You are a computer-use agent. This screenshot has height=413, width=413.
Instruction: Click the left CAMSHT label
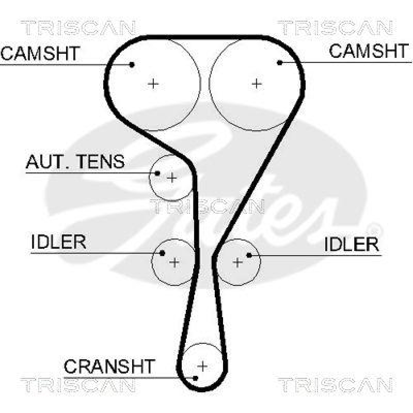click(x=40, y=53)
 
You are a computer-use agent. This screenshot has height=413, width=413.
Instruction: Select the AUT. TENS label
click(x=75, y=162)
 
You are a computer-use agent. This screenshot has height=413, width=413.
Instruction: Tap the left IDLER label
click(x=58, y=242)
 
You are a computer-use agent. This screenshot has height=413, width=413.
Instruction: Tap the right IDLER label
click(x=352, y=244)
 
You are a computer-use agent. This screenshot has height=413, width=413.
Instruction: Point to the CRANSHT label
click(x=109, y=367)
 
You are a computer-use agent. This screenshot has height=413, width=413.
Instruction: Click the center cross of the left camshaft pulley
click(x=153, y=83)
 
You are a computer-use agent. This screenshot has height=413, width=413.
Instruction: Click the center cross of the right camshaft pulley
click(x=257, y=83)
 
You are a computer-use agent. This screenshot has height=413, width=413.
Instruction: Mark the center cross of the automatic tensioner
click(x=172, y=178)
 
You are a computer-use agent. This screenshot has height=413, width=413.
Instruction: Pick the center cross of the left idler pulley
click(x=174, y=262)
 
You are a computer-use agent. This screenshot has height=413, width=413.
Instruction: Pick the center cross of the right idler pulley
click(x=237, y=262)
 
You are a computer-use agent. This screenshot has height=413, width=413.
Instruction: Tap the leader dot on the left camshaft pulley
click(x=132, y=65)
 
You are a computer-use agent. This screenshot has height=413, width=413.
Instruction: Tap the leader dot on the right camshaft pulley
click(x=279, y=62)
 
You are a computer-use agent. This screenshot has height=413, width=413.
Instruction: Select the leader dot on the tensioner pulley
click(x=158, y=173)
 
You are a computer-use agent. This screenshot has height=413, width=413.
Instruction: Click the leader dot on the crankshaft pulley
click(x=196, y=377)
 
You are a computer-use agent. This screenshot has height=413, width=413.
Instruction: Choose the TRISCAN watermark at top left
click(x=78, y=27)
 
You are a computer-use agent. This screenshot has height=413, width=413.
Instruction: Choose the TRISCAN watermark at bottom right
click(x=336, y=385)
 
